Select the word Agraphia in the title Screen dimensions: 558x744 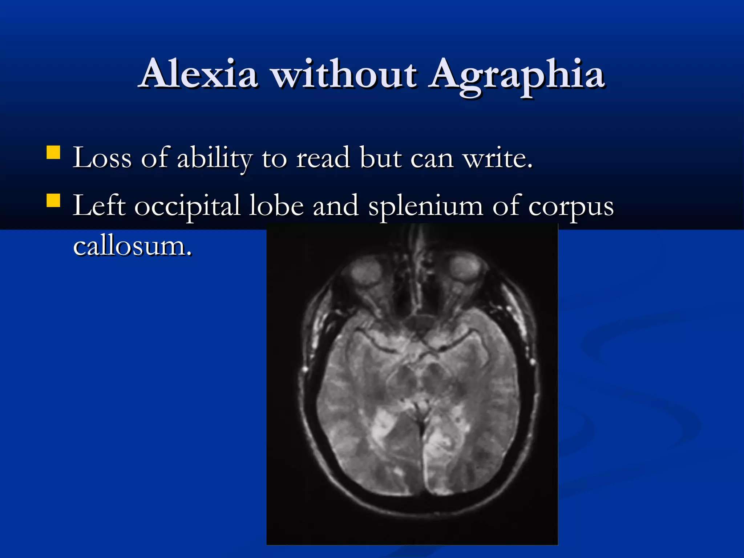tap(516, 74)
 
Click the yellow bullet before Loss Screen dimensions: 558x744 tap(53, 153)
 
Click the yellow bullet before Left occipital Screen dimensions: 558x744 tap(53, 201)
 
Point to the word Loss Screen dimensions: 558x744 tap(102, 158)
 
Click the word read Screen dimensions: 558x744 tap(323, 158)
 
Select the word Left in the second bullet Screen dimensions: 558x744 tap(99, 206)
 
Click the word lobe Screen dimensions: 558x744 tap(276, 206)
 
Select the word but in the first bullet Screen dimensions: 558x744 tap(380, 158)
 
